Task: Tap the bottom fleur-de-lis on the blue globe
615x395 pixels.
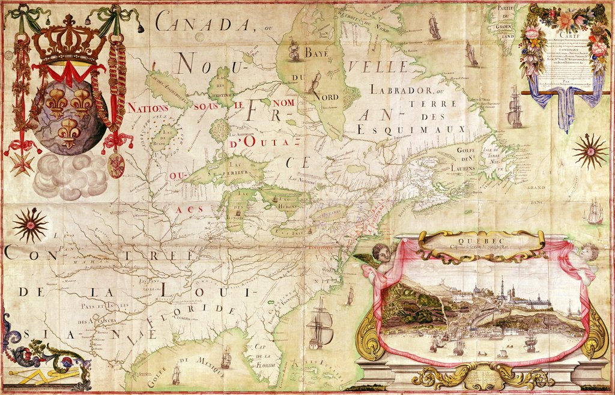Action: pos(69,131)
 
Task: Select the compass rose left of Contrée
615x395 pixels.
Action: pos(29,225)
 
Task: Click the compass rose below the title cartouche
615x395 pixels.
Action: pos(590,151)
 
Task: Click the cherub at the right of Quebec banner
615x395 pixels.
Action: pos(586,255)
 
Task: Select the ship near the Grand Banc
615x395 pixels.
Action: pos(594,211)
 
